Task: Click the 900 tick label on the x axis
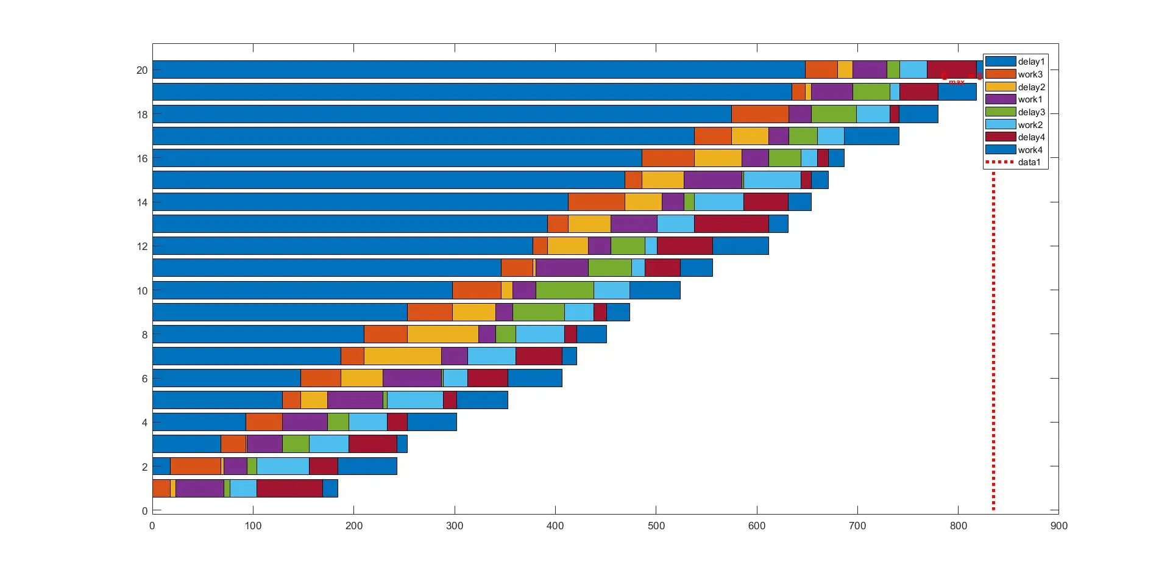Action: (1059, 526)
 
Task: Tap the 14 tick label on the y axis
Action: (142, 202)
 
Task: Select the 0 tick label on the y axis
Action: (144, 511)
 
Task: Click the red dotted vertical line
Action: (993, 341)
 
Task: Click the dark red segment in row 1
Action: (289, 488)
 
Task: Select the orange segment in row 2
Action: (196, 466)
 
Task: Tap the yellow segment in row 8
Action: (442, 334)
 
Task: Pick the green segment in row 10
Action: (565, 290)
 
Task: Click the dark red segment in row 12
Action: (684, 246)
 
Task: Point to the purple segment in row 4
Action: (305, 422)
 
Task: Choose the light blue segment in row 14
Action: (719, 202)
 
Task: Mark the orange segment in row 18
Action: (760, 114)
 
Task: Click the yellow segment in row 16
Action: (718, 158)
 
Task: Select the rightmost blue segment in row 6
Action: (534, 378)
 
